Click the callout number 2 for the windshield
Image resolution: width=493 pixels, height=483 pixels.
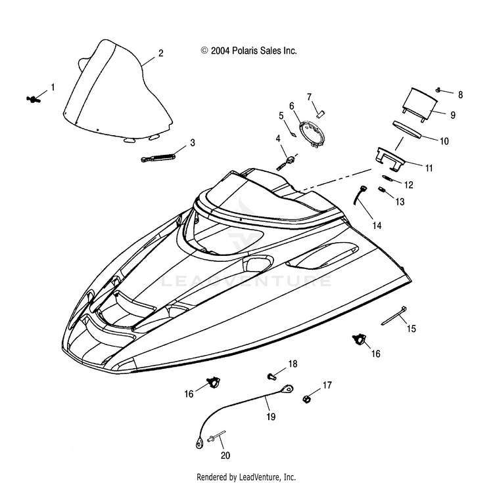pos(160,53)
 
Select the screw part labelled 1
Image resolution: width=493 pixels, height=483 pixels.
pos(33,100)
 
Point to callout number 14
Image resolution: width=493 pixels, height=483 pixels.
pos(377,225)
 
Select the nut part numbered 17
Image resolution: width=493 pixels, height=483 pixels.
pos(306,399)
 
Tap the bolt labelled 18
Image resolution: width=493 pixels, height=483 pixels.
pos(271,376)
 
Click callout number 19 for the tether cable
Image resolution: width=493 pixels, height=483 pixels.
pos(271,417)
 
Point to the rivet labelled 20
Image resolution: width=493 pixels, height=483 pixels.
pos(216,436)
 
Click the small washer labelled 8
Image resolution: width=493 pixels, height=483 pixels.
pos(438,90)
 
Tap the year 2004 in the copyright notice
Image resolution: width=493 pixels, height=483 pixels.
pos(220,51)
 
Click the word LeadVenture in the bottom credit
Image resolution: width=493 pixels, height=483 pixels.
pos(259,476)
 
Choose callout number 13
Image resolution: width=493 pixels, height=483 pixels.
pos(400,201)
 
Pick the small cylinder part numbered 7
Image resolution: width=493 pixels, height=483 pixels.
pos(321,114)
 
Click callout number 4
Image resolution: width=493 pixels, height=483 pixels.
pos(278,138)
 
